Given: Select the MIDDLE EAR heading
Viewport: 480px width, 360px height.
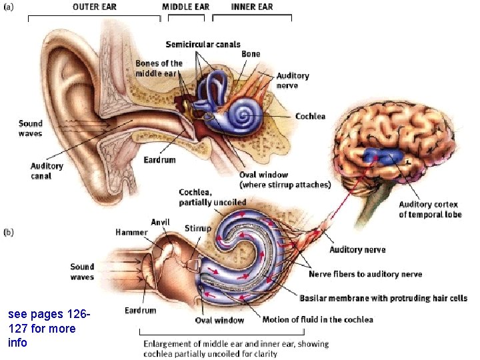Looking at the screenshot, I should point(185,7).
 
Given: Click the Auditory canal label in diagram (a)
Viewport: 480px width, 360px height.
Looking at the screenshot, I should point(47,171).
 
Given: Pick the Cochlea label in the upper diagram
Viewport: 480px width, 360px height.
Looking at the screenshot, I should point(310,116).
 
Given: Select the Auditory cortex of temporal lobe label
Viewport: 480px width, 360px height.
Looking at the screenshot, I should point(430,209).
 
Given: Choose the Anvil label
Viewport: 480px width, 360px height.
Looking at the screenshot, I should point(160,223).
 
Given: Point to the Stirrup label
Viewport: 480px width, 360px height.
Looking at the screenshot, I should point(198,228).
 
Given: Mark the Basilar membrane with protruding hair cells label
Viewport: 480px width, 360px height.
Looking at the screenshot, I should point(383,298).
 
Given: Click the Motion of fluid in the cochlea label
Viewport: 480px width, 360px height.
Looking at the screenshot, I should point(317,320).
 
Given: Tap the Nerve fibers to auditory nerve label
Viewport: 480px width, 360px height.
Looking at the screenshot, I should point(365,274).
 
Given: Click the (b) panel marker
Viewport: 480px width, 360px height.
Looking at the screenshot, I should point(9,233).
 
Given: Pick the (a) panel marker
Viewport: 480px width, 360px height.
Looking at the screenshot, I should point(9,7).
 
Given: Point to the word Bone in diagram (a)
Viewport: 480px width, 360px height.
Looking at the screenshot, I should point(251,54).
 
